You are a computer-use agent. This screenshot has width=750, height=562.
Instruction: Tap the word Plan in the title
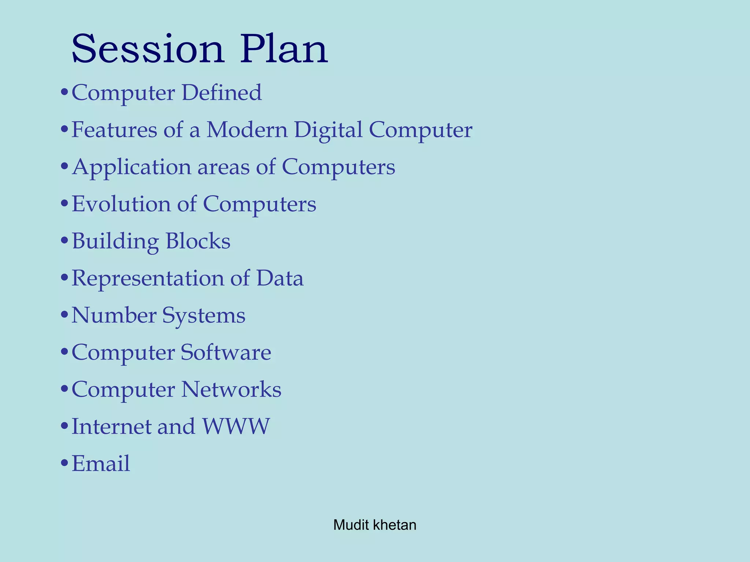click(x=284, y=49)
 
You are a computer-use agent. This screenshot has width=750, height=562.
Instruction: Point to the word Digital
click(x=328, y=130)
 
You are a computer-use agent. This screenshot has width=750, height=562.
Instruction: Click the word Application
click(x=131, y=167)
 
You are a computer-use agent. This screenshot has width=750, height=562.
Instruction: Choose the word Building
click(x=115, y=241)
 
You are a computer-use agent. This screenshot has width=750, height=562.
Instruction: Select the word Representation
click(x=147, y=278)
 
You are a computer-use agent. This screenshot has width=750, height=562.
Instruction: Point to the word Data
click(x=280, y=278)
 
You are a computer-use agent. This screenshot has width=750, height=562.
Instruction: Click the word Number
click(x=114, y=315)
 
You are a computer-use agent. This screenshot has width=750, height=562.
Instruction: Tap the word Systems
click(x=204, y=316)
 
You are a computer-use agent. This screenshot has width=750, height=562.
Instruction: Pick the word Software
click(x=226, y=352)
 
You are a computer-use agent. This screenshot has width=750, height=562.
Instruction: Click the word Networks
click(x=231, y=389)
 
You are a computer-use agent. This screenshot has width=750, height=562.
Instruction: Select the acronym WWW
click(x=236, y=426)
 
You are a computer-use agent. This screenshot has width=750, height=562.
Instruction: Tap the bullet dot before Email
click(x=64, y=464)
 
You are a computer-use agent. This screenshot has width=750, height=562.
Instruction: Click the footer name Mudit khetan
click(x=375, y=525)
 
